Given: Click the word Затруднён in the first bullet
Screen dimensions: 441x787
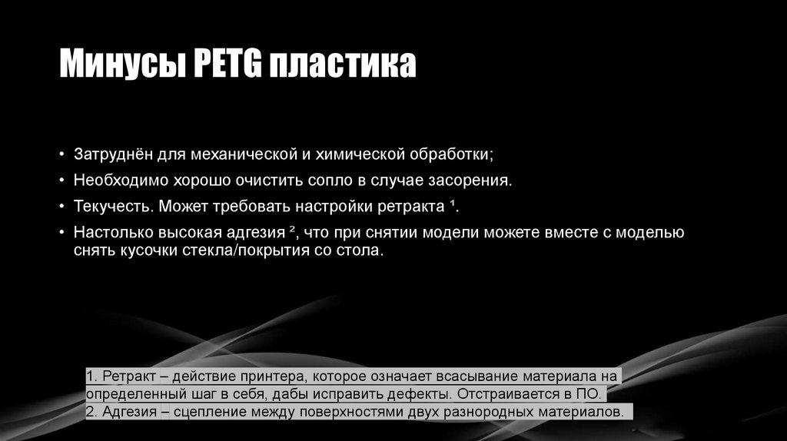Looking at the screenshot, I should pyautogui.click(x=112, y=155).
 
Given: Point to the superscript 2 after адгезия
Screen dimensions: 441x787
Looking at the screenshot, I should pyautogui.click(x=294, y=230).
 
